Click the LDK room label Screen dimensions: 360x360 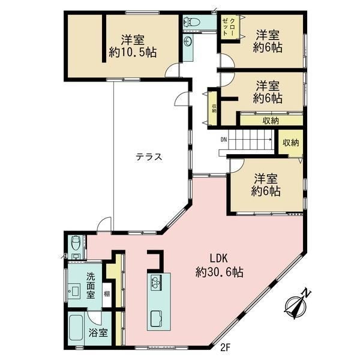pos(219,259)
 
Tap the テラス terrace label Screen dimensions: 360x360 pos(149,157)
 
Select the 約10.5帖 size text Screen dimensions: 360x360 pos(133,53)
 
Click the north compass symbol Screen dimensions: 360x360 pos(297,303)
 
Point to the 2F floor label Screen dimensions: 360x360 pos(225,347)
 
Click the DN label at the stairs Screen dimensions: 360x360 pos(223,139)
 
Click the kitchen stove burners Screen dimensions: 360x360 pos(156,283)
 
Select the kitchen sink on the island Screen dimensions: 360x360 pos(157,319)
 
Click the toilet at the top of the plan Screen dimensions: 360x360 pos(192,22)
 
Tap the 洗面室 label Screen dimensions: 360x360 pos(91,286)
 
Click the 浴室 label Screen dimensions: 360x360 pos(98,333)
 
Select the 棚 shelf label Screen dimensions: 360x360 pos(107,293)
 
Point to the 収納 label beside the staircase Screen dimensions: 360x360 pos(290,143)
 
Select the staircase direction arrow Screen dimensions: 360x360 pos(250,139)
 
